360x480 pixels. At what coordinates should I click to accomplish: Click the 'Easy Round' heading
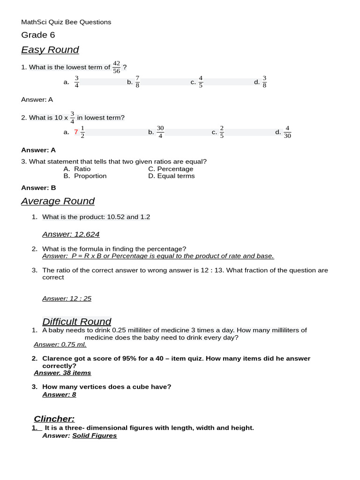(50, 50)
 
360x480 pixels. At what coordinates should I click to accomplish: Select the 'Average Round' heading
(58, 201)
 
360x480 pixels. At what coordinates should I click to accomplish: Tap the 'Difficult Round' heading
(76, 322)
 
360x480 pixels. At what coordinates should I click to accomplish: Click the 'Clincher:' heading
(54, 419)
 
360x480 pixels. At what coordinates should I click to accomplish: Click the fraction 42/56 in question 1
(116, 67)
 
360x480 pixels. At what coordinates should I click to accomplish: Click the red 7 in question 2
(76, 132)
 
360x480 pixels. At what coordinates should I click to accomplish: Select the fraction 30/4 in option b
(160, 132)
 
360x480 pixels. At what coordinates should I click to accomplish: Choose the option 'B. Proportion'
(85, 176)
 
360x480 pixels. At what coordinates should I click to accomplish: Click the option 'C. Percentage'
(171, 169)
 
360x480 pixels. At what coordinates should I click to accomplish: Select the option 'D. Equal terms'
(171, 176)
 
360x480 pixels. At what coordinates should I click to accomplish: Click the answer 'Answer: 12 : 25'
(67, 299)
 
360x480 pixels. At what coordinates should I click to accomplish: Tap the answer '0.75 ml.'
(74, 345)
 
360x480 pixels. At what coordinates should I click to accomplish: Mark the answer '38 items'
(75, 373)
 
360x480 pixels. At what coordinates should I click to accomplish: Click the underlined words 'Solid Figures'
(94, 435)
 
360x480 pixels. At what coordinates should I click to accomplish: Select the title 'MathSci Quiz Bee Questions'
(66, 22)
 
